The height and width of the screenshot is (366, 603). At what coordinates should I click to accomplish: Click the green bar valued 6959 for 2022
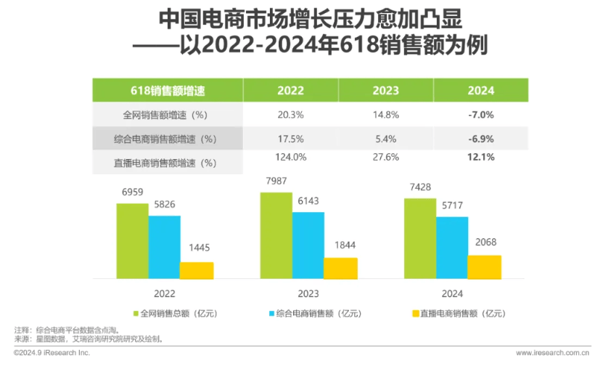pos(132,241)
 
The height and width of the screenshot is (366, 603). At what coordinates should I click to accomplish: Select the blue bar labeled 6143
pos(308,245)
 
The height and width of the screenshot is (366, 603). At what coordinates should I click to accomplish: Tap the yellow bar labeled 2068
pos(484,267)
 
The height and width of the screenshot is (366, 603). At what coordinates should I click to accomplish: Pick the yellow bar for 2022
pos(197,271)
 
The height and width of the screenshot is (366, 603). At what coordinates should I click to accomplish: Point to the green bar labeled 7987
pos(276,236)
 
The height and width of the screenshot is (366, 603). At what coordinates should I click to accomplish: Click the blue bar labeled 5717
pos(451,248)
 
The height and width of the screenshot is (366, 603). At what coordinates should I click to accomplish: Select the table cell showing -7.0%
pos(481,114)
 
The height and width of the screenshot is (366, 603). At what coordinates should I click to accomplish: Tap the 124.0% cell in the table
pos(291,157)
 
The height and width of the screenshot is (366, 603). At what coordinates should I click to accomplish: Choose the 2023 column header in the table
pos(385,91)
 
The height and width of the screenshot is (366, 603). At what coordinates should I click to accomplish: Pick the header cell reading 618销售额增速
pos(168,91)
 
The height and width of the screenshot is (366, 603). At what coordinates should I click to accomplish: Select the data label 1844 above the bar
pos(340,245)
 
